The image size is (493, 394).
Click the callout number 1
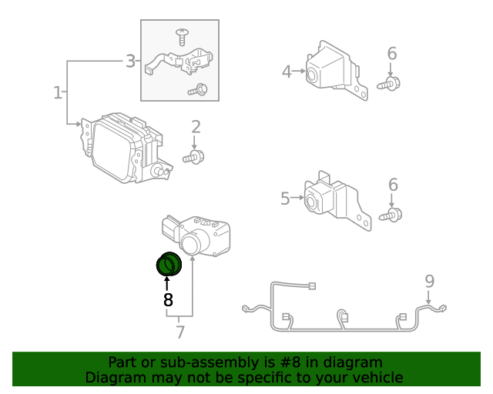57,93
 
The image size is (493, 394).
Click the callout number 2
196,126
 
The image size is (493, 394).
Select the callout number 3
130,61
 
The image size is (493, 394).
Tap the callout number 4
287,72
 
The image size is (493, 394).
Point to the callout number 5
285,199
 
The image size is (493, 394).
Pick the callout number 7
180,332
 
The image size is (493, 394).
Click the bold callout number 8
168,299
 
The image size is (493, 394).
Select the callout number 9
430,280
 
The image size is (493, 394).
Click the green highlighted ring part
168,264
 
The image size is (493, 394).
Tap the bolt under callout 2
194,158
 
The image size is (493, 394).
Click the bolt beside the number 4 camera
389,83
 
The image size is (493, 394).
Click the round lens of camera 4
313,75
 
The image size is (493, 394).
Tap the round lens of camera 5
313,202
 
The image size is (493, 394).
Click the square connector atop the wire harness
312,287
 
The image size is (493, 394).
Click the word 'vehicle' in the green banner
376,377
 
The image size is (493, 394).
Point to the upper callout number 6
391,53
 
